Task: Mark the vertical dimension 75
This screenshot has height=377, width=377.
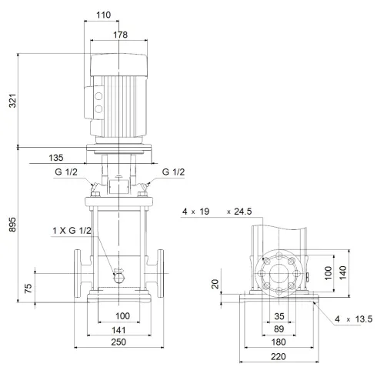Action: coord(28,288)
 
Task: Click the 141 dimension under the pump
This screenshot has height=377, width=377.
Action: coord(118,329)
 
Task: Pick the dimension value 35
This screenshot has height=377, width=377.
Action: coord(279,315)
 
